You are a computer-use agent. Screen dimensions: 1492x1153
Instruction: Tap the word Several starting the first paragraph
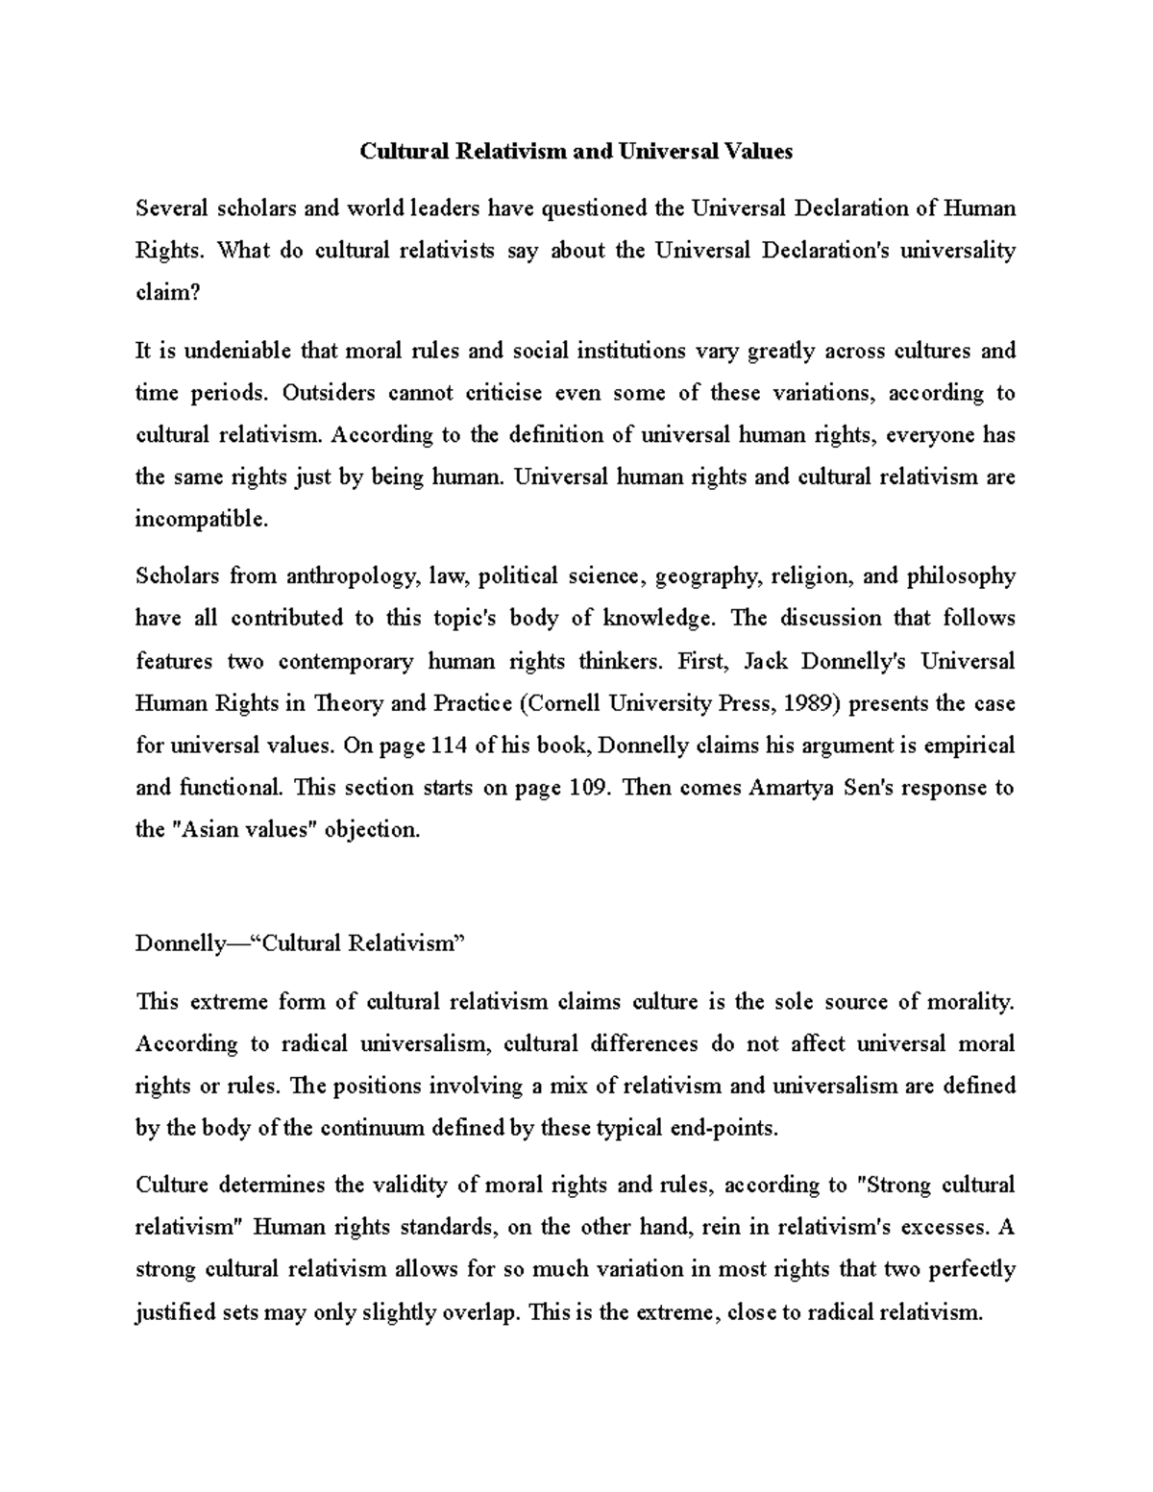coord(171,208)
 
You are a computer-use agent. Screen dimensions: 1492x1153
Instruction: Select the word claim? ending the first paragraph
coord(168,293)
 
